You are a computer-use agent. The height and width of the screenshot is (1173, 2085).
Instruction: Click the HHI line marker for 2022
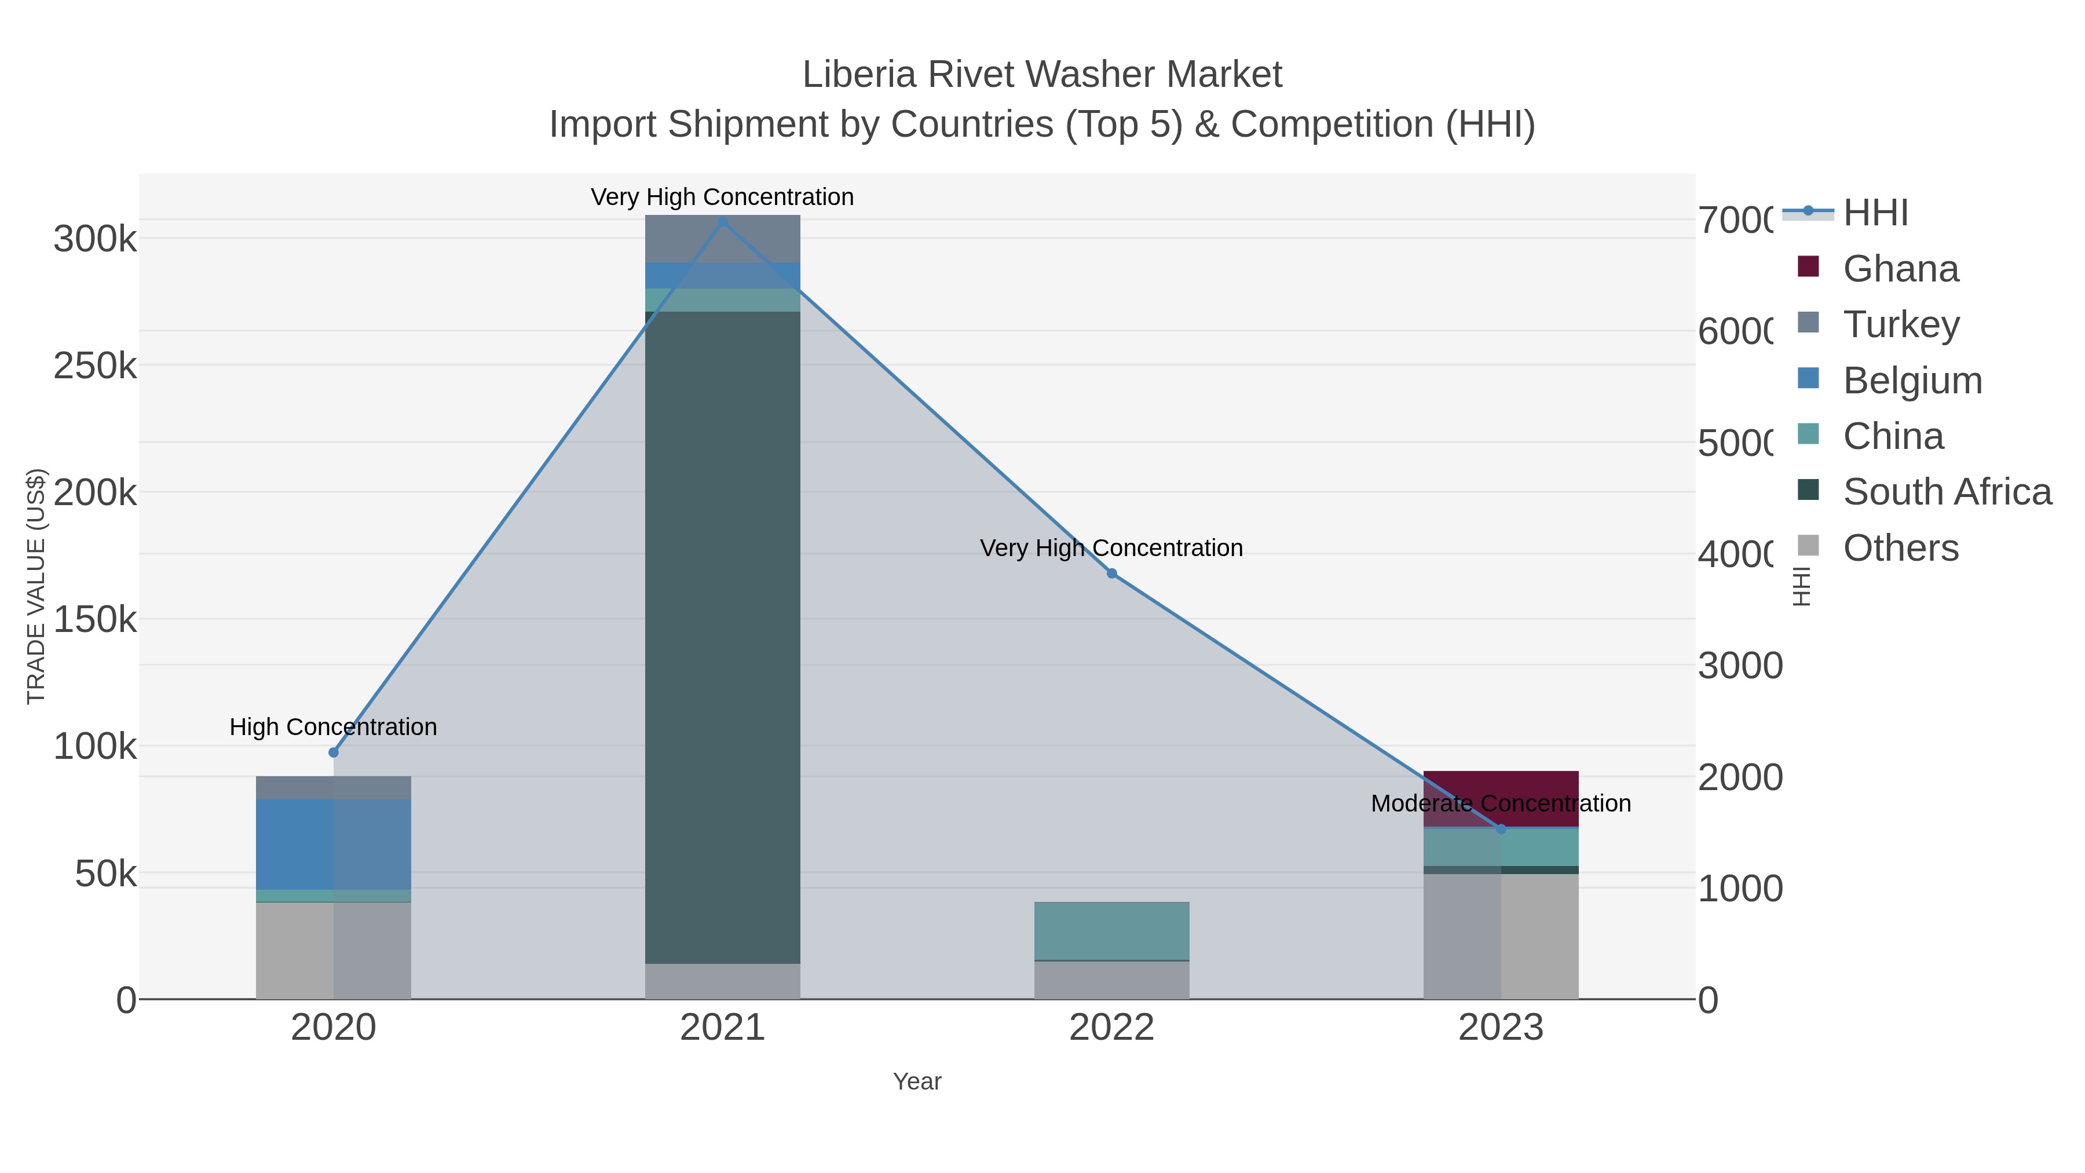[x=1111, y=573]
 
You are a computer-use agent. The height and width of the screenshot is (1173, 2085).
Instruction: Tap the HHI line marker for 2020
[x=334, y=752]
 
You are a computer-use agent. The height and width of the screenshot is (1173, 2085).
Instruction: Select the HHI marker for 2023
[x=1501, y=829]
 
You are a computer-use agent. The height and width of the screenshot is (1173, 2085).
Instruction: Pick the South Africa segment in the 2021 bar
[x=722, y=637]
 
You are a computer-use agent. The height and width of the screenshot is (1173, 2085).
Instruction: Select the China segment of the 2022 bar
[x=1111, y=931]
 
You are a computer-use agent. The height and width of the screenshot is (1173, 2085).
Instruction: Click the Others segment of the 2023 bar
[x=1501, y=936]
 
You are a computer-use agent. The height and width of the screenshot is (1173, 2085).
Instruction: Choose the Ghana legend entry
[x=1900, y=269]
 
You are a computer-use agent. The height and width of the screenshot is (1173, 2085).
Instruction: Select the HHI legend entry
[x=1875, y=213]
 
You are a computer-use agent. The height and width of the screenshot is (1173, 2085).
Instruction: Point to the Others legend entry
[x=1900, y=548]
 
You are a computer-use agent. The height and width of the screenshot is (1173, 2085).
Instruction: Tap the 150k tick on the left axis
[x=96, y=620]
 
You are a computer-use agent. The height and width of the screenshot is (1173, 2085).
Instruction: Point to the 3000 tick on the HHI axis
[x=1739, y=666]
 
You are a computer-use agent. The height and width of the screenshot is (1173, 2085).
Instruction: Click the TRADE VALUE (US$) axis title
[x=36, y=586]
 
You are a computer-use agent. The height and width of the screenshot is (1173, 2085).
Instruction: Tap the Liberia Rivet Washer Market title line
[x=1042, y=75]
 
